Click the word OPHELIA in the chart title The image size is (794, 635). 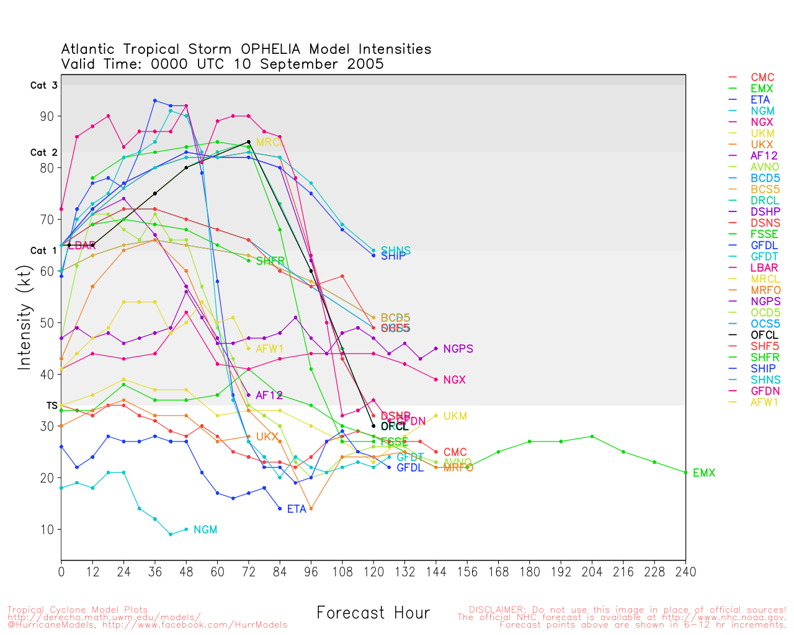270,50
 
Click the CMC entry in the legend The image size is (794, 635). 762,78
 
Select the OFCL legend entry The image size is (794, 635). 764,335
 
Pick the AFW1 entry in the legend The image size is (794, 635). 764,402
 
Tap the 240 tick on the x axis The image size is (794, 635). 685,572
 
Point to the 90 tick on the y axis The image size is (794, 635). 47,117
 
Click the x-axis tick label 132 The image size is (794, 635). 404,572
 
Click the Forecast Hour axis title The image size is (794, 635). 373,613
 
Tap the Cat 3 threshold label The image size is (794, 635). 44,86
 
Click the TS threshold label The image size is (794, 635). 52,406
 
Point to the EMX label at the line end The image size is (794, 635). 704,473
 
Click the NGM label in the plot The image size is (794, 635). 205,530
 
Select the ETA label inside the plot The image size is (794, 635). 297,509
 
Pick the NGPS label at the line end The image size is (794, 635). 458,349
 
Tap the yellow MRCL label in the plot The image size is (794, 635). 270,143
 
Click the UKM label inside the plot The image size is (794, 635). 455,416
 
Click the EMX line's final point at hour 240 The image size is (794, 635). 685,473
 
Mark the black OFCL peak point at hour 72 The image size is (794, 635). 249,142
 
